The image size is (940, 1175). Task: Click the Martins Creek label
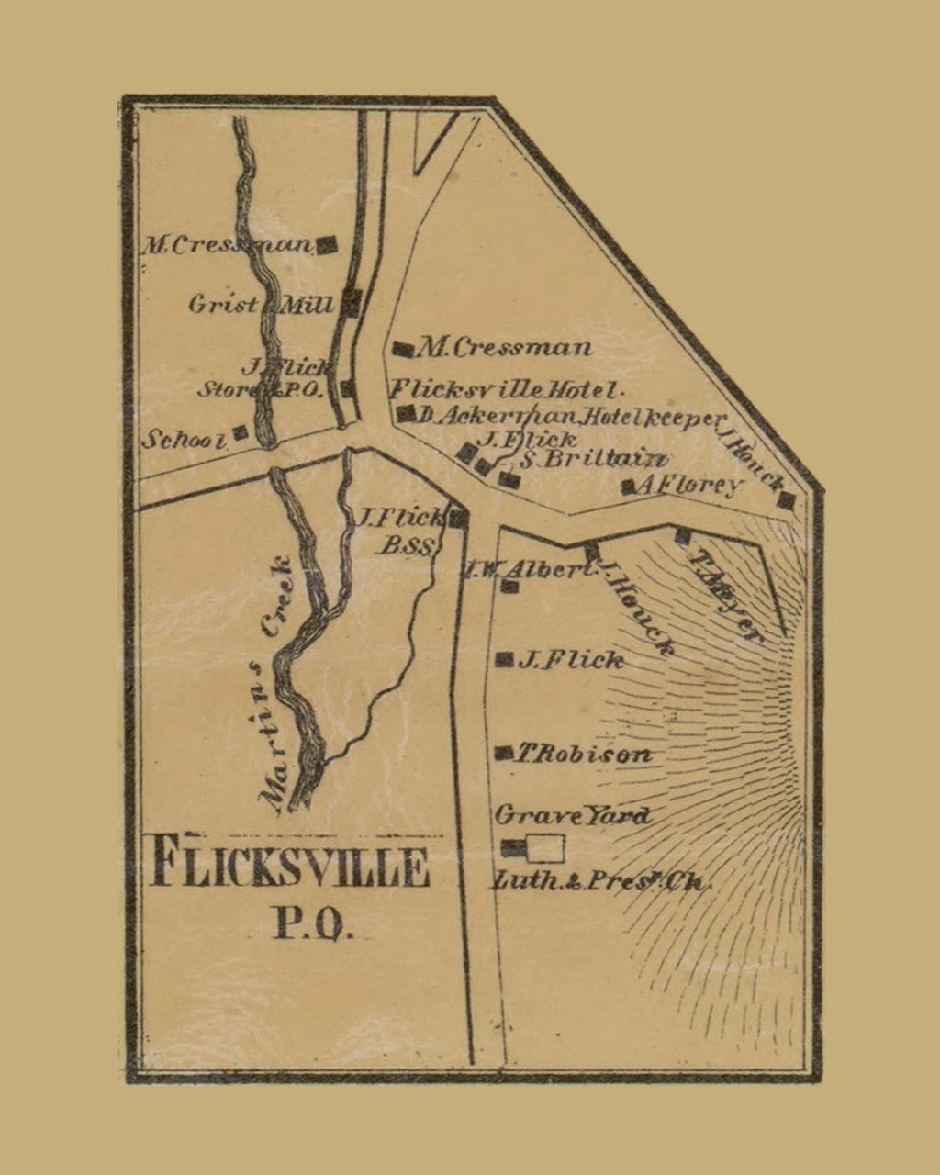(x=277, y=684)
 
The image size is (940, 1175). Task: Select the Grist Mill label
(x=261, y=304)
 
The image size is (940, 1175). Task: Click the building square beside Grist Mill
(x=352, y=302)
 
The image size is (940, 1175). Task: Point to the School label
(x=184, y=440)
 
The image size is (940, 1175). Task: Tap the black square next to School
(x=240, y=431)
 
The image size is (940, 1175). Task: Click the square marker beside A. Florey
(x=629, y=487)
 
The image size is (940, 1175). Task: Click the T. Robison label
(x=583, y=755)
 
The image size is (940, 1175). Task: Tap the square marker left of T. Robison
(x=503, y=753)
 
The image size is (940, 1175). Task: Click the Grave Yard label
(x=572, y=815)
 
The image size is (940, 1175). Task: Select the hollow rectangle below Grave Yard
(x=545, y=848)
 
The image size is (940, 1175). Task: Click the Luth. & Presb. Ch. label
(x=601, y=881)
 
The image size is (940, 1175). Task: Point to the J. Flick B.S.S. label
(x=402, y=531)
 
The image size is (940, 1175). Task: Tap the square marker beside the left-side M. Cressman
(x=327, y=244)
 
